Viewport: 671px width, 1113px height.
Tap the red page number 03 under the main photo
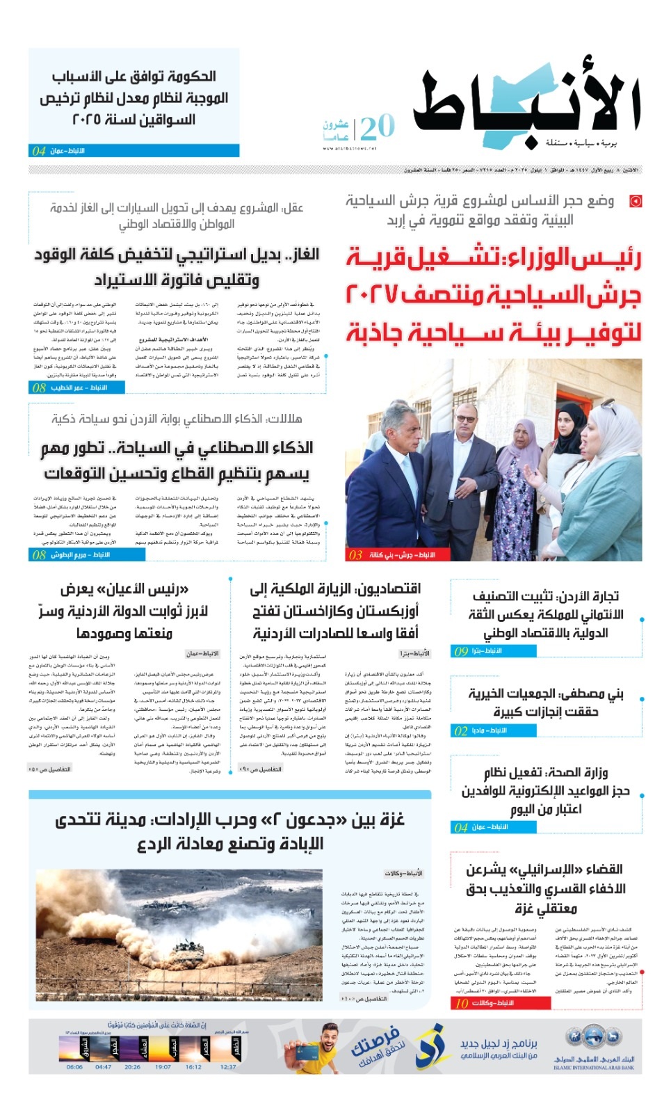point(356,554)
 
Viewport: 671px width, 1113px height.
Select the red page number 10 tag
point(462,1003)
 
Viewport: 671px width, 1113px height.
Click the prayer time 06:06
point(74,1066)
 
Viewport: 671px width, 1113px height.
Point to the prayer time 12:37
point(228,1066)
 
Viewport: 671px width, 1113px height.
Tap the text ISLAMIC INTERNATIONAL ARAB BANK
point(594,1068)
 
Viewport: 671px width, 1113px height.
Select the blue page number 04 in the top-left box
point(39,151)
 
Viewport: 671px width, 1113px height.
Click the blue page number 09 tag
point(461,651)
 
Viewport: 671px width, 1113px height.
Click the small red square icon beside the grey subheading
point(635,202)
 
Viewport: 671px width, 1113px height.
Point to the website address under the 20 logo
point(350,148)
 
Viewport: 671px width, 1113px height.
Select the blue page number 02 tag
point(461,731)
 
